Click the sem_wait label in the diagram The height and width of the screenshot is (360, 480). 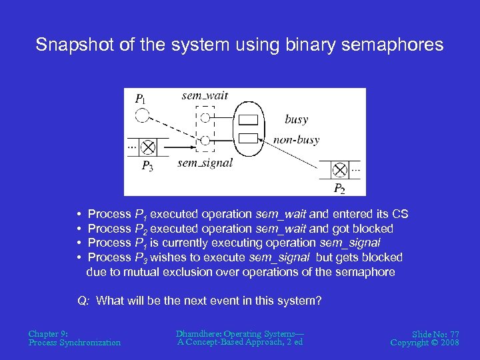click(205, 95)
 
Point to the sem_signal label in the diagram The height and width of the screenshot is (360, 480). click(205, 163)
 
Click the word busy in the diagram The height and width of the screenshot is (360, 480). click(296, 119)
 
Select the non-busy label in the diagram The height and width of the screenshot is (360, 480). click(296, 140)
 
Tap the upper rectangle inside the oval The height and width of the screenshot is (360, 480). click(248, 121)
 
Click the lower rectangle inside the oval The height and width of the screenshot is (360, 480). click(248, 138)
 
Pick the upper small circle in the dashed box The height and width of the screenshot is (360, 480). click(205, 117)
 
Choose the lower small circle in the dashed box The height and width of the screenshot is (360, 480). click(205, 140)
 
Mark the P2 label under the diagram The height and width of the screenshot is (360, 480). click(339, 189)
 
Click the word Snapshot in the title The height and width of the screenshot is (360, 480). click(67, 45)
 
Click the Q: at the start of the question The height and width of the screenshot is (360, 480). click(83, 301)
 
